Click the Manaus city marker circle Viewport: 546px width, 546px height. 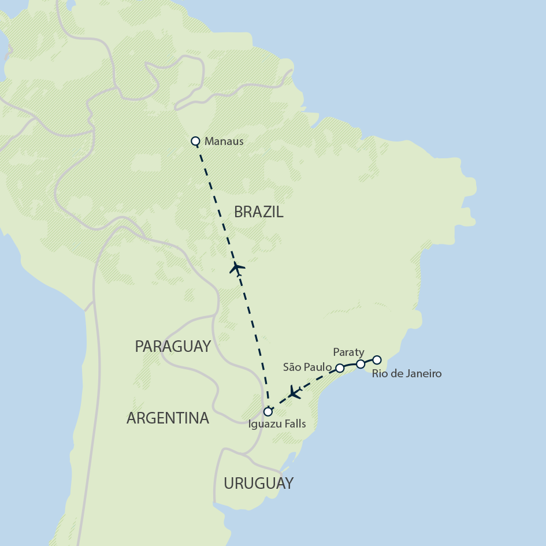[195, 140]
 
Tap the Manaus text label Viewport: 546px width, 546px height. [224, 141]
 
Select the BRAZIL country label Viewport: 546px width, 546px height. [258, 212]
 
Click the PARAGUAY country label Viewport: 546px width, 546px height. [172, 346]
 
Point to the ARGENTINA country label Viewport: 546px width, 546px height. [168, 418]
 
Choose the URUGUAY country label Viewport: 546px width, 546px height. [258, 483]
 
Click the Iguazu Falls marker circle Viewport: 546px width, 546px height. [268, 412]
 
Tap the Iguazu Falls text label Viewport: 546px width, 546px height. [276, 424]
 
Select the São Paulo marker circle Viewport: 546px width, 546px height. [340, 367]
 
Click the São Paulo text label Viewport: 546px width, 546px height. [307, 367]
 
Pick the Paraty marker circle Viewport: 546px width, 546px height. [360, 364]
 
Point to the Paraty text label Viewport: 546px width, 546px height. [348, 352]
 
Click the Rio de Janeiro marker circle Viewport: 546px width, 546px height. [377, 359]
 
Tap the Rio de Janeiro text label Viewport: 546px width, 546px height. [406, 374]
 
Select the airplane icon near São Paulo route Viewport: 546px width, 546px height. [295, 393]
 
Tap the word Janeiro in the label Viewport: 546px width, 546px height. [424, 374]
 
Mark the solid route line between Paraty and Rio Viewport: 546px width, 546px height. [369, 361]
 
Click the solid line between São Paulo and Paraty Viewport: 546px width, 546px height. [350, 365]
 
